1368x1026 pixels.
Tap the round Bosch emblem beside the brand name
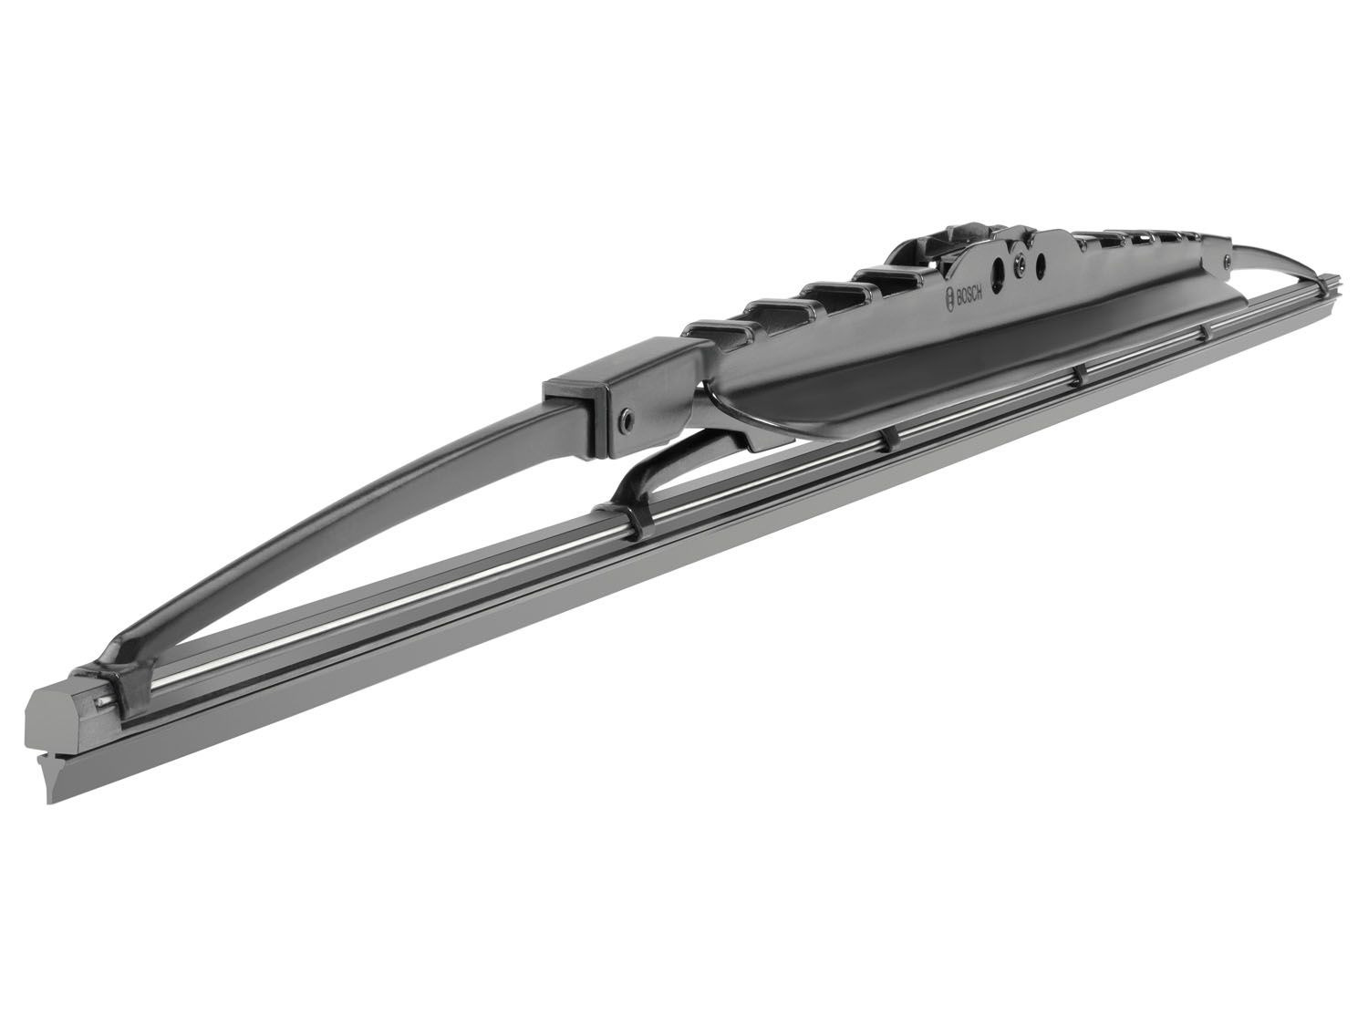[x=948, y=300]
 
